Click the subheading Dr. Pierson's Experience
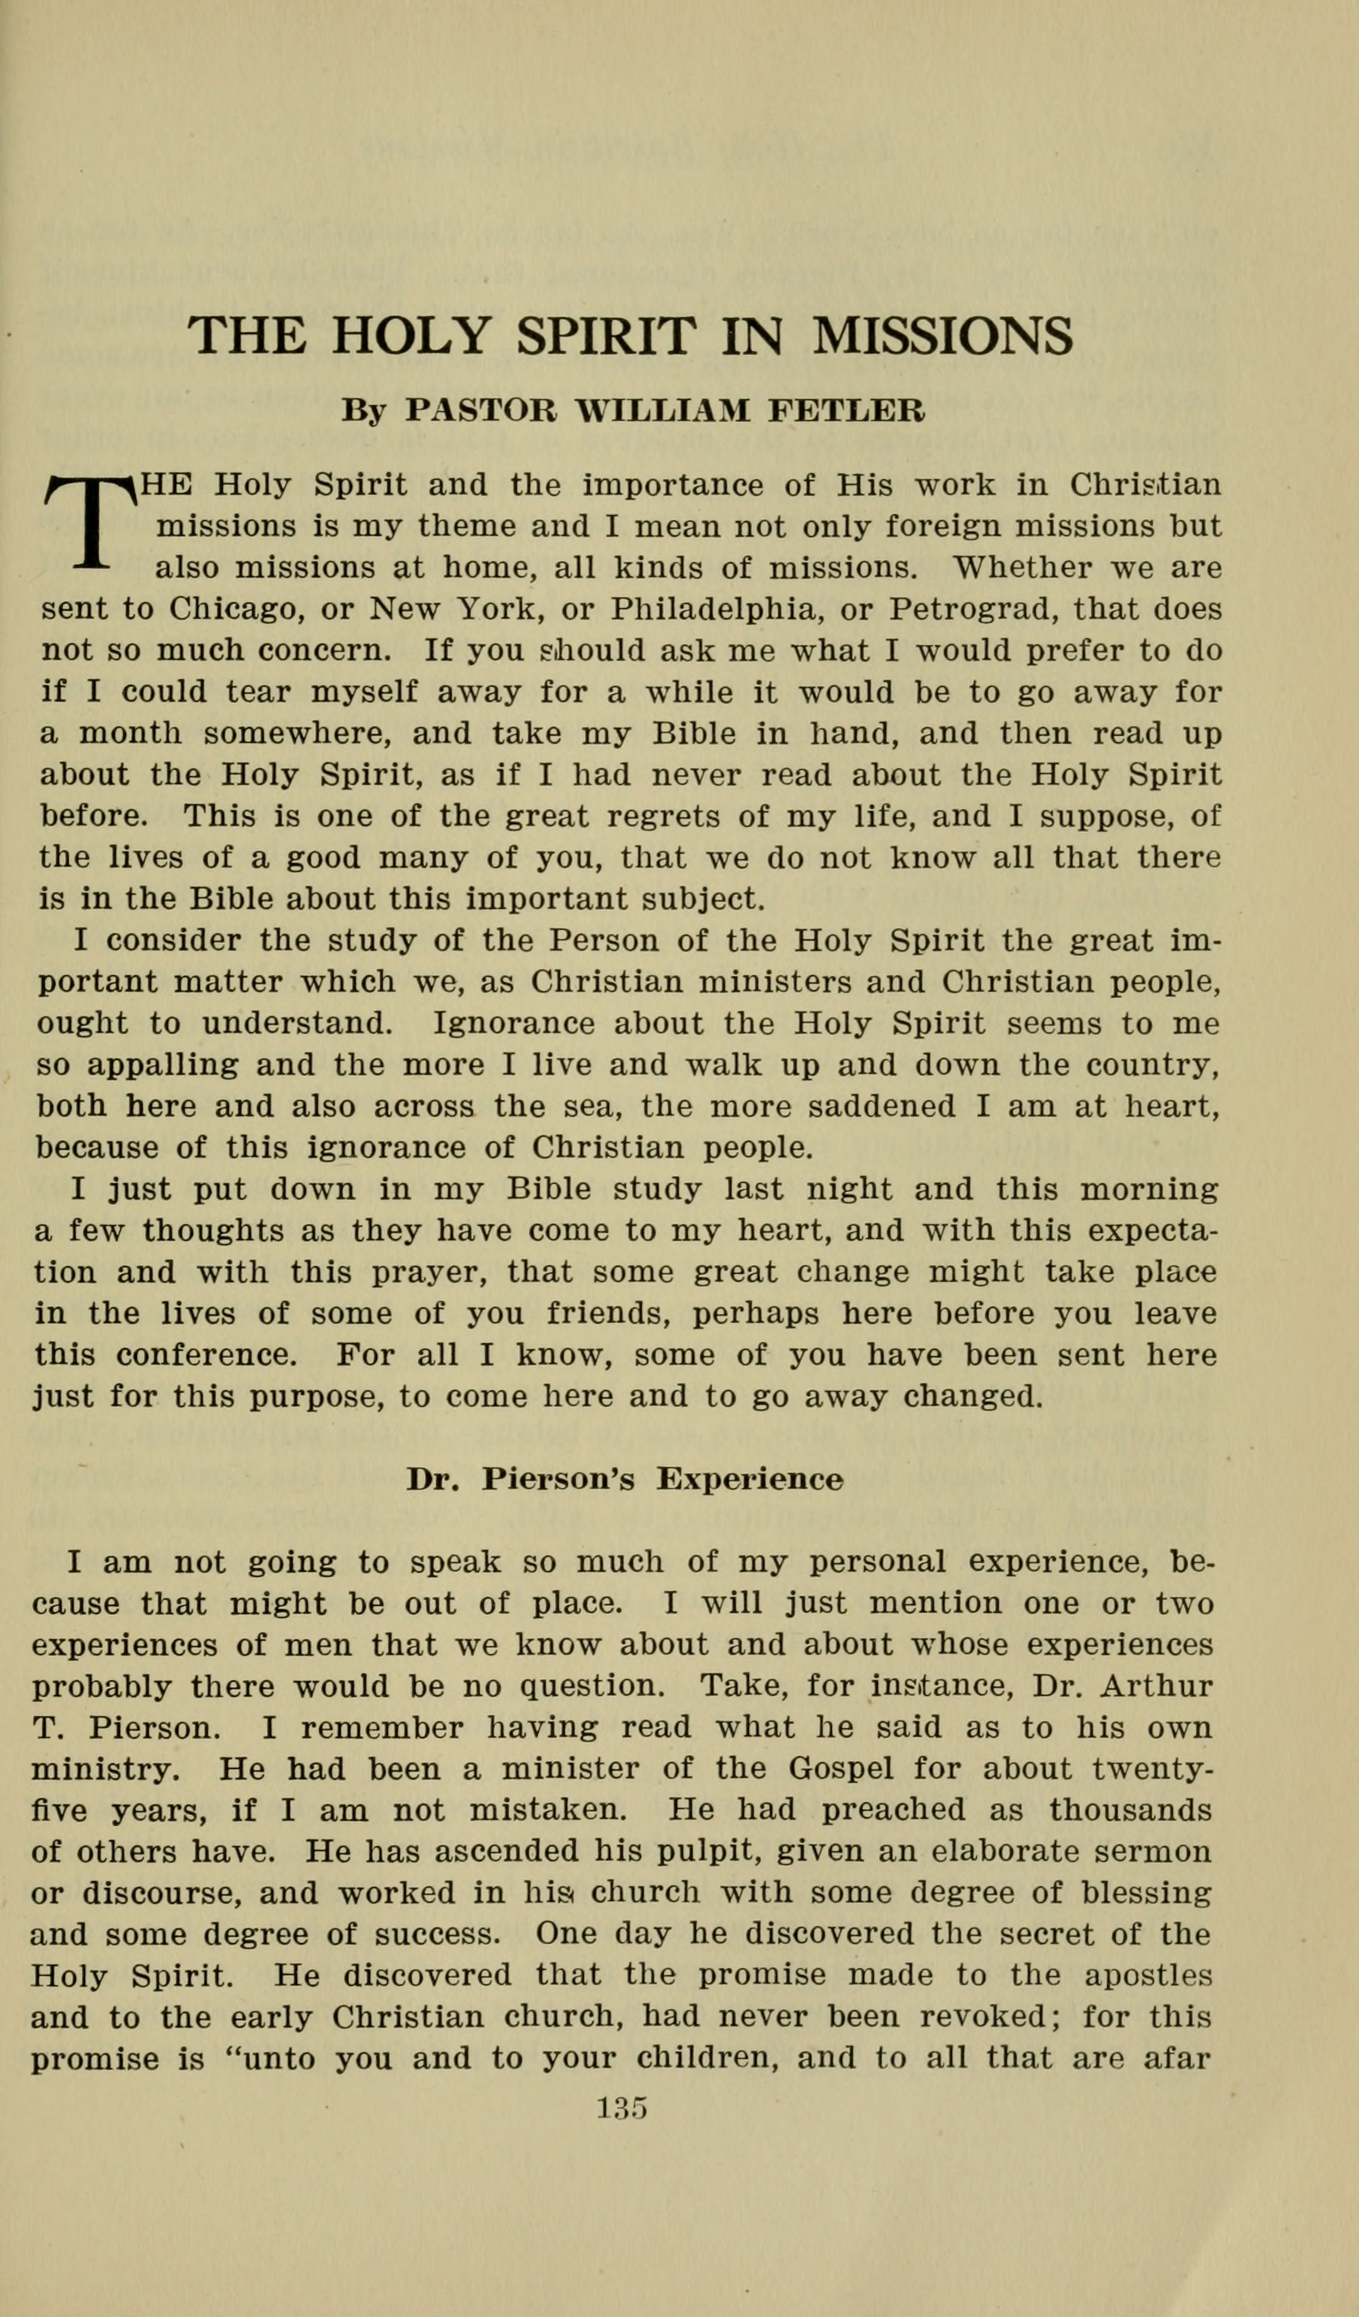click(625, 1479)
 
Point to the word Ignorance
click(513, 1023)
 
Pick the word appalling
click(162, 1066)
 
